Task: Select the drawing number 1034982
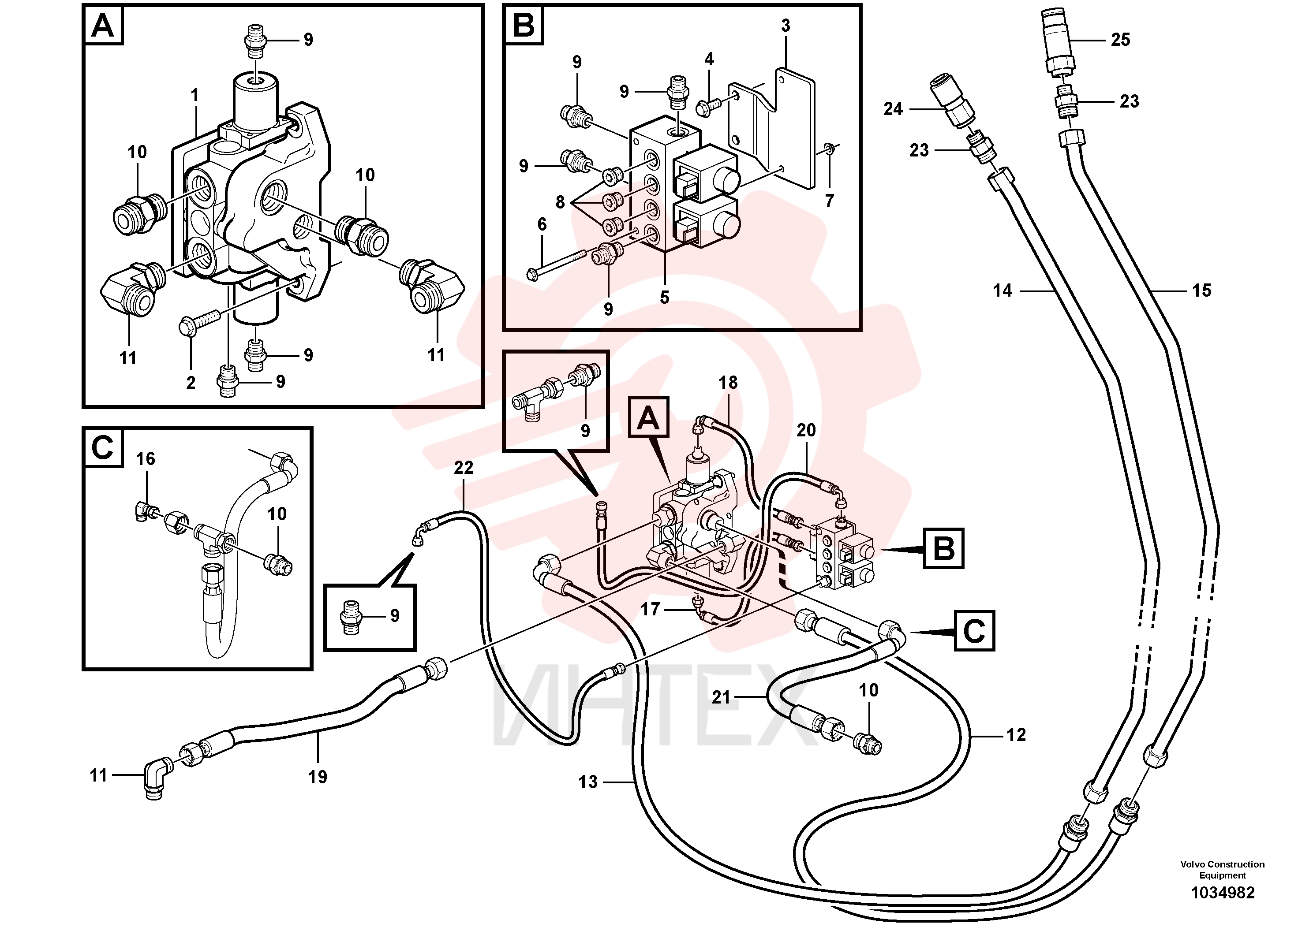tap(1223, 893)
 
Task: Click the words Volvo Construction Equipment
tap(1223, 869)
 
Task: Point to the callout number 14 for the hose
tap(1003, 291)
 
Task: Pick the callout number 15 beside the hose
tap(1201, 290)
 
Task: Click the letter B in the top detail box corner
tap(524, 25)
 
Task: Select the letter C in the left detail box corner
tap(103, 447)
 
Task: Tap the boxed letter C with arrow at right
tap(974, 630)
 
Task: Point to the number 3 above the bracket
tap(786, 25)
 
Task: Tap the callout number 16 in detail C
tap(145, 458)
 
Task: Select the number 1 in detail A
tap(195, 95)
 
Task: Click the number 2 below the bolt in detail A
tap(191, 383)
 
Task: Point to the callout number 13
tap(587, 782)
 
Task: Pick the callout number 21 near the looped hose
tap(721, 697)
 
